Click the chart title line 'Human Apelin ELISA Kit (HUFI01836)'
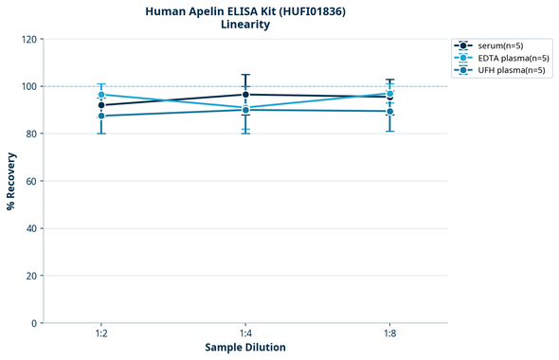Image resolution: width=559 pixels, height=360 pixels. point(245,11)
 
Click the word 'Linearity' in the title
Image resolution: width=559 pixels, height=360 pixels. point(245,26)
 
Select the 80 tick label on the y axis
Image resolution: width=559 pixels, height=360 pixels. point(30,134)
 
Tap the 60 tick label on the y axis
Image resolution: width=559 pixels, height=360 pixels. point(30,181)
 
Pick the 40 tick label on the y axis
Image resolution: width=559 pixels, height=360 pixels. point(30,228)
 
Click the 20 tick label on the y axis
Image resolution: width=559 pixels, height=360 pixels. point(30,276)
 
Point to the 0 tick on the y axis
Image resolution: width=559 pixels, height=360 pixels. point(33,323)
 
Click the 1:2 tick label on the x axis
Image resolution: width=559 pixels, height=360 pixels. point(101,334)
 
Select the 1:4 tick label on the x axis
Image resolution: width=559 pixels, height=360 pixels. point(245,334)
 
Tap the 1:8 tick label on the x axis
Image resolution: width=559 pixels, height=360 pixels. point(389,334)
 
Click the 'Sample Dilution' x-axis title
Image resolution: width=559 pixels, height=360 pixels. point(245,348)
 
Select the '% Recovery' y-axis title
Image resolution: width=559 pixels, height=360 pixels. point(11,180)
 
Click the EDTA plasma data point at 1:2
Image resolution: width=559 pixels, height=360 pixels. point(101,95)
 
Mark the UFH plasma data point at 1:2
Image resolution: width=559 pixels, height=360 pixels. point(101,116)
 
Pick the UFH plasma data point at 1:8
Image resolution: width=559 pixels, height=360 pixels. point(389,111)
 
